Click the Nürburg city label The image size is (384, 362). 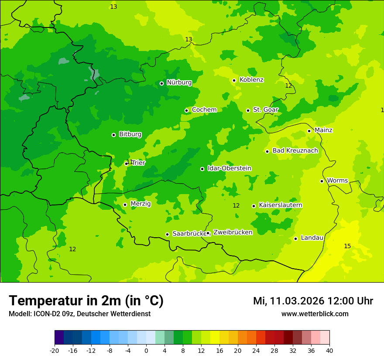(x=179, y=82)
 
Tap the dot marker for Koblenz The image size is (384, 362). (x=234, y=80)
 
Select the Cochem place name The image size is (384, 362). (x=204, y=110)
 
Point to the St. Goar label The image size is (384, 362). (x=265, y=110)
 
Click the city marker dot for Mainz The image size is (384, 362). (x=309, y=131)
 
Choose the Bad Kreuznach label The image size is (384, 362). (x=295, y=151)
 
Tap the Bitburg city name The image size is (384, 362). (x=130, y=134)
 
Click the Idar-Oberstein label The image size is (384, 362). (x=230, y=168)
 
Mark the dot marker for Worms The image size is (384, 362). (x=322, y=181)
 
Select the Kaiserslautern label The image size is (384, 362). (x=281, y=205)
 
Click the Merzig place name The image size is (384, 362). (x=141, y=204)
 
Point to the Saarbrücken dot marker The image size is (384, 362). (x=167, y=234)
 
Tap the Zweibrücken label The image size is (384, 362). (x=233, y=232)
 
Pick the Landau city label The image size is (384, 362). (x=312, y=238)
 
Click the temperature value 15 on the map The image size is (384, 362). (x=347, y=246)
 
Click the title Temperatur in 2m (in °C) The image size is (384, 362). (x=86, y=301)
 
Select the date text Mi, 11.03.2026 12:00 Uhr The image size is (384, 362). (x=313, y=301)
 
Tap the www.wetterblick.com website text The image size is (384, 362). (x=315, y=314)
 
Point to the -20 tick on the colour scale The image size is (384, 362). (x=55, y=350)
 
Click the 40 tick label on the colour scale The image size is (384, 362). (x=329, y=350)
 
